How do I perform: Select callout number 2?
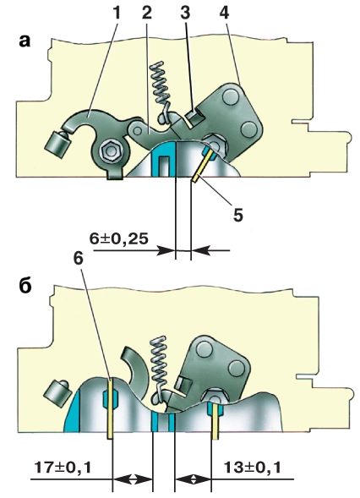tap(147, 13)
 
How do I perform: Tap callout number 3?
tap(185, 13)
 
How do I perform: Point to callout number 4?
tap(225, 13)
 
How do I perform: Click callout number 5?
tap(237, 216)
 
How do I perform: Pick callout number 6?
tap(78, 258)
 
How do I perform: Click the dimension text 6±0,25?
tap(118, 238)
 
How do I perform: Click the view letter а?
tap(25, 41)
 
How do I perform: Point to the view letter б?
tap(25, 286)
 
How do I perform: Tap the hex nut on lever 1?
tap(110, 152)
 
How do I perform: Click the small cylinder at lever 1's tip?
tap(57, 144)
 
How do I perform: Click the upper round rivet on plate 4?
tap(230, 96)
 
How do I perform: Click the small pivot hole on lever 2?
tap(138, 130)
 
